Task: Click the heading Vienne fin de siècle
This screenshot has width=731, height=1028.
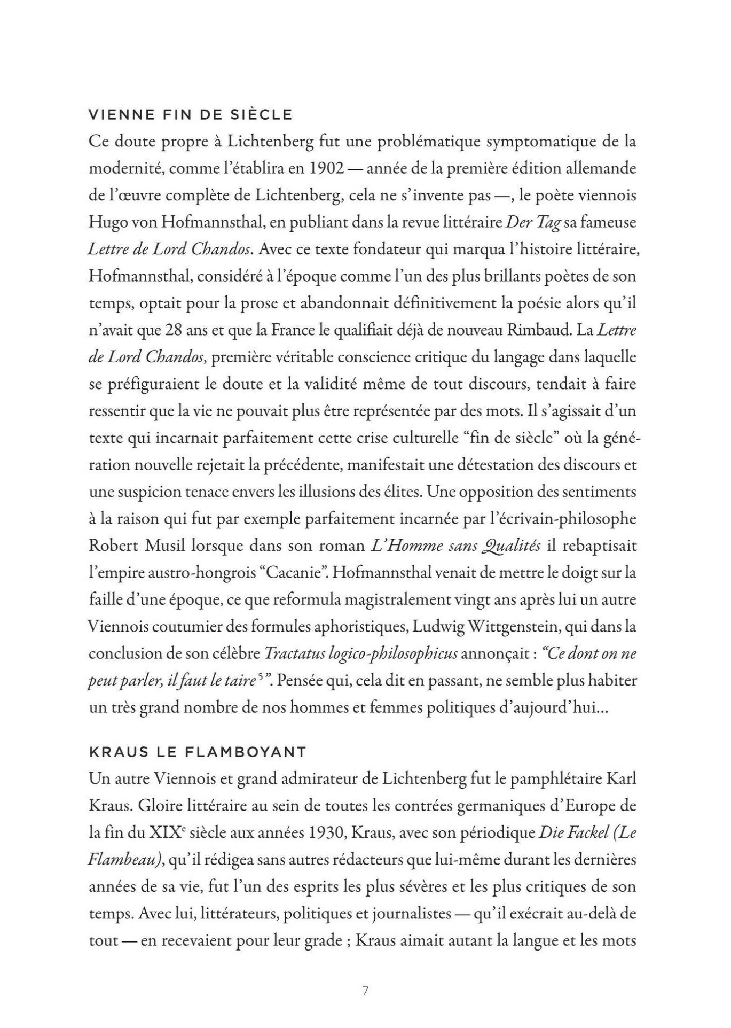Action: [x=191, y=115]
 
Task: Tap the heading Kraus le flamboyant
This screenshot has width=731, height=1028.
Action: [x=198, y=752]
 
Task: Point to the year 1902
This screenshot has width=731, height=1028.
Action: [x=326, y=169]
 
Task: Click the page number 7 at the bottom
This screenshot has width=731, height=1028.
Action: [x=365, y=991]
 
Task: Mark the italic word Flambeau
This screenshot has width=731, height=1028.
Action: [x=123, y=860]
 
